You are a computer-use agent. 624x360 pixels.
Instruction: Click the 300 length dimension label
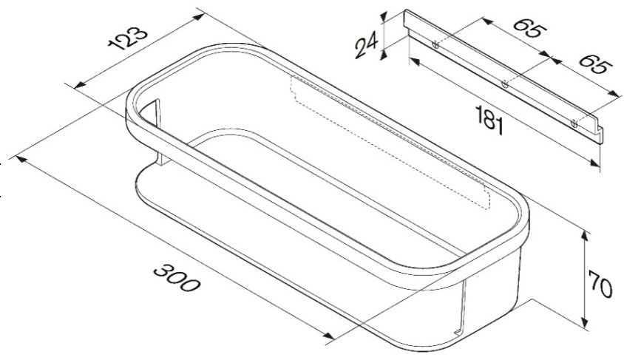(177, 277)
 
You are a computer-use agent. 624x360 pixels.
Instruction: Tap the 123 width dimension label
(128, 38)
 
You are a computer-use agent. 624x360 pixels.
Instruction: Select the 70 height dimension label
(600, 285)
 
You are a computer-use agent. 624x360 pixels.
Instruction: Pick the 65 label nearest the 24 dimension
(529, 29)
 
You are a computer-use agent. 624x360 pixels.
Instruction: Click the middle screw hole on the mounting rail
(505, 84)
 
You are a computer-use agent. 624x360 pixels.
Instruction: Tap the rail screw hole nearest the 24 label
(435, 45)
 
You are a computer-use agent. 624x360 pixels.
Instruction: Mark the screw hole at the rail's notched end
(574, 123)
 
